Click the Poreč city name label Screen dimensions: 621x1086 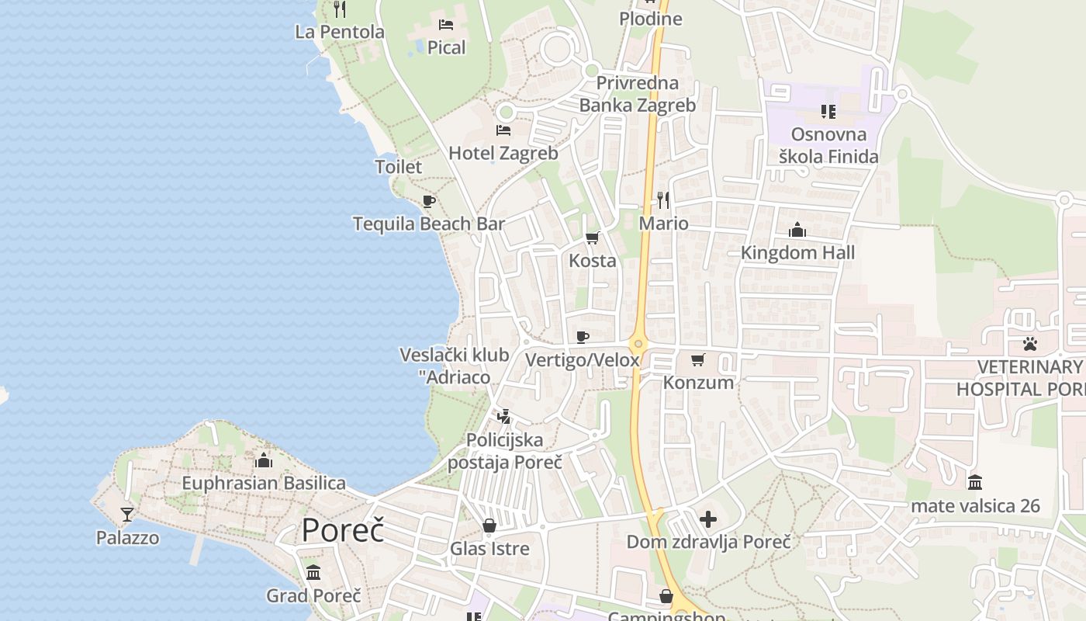(343, 530)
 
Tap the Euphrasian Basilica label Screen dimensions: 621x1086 (264, 483)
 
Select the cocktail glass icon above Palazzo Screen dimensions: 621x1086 (127, 514)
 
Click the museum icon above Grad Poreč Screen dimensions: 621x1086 (313, 573)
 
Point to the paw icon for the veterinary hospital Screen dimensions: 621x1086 (1029, 343)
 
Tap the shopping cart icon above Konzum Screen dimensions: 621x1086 (697, 359)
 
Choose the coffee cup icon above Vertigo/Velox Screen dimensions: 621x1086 (583, 337)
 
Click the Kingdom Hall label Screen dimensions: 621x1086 (797, 252)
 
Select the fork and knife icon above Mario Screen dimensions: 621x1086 (663, 200)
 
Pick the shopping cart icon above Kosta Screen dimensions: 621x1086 (593, 238)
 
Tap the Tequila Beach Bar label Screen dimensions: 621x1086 (429, 224)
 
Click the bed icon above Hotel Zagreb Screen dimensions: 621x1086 (503, 130)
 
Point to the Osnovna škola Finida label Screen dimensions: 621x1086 (828, 145)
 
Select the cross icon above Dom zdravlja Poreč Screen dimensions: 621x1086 (708, 519)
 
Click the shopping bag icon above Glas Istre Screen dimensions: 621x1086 (489, 526)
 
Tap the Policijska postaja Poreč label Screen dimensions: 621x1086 (504, 451)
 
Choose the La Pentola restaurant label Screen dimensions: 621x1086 (340, 32)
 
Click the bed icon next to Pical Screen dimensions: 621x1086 (446, 25)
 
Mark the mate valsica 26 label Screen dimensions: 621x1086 (975, 506)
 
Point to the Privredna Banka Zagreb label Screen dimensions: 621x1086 (638, 94)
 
